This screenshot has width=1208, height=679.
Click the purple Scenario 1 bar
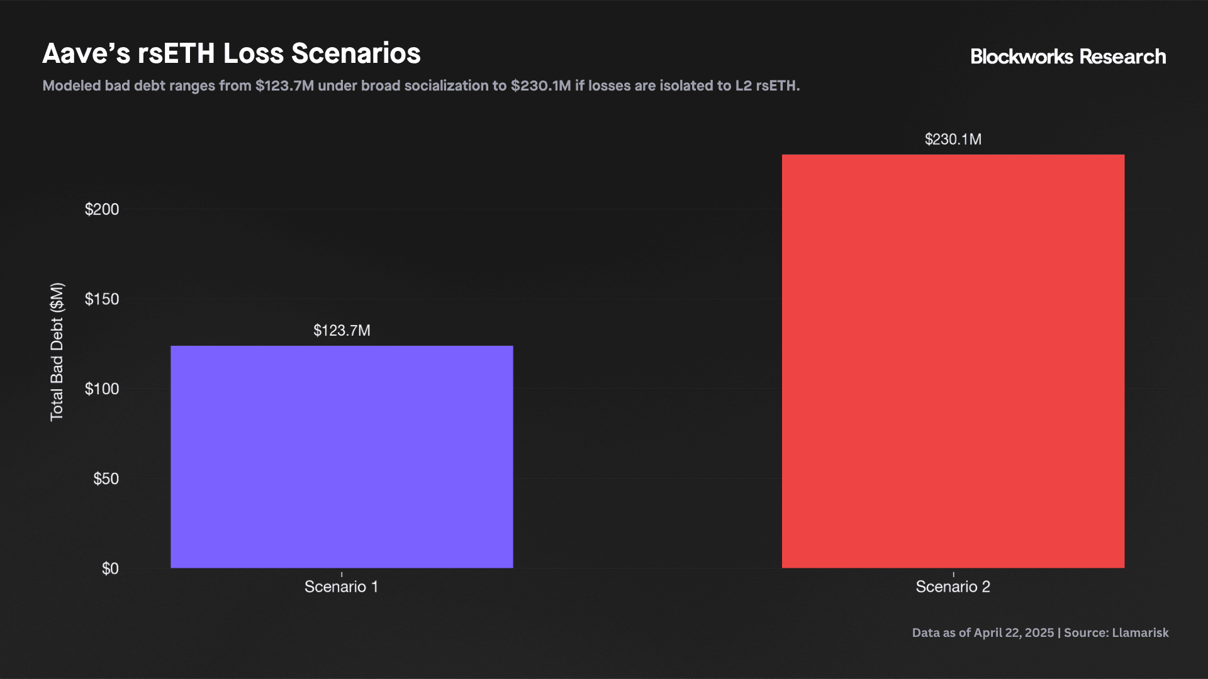point(342,456)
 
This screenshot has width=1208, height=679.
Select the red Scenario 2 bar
point(953,361)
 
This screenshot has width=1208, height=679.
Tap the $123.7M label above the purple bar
point(342,331)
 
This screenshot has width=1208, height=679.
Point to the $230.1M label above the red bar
point(953,140)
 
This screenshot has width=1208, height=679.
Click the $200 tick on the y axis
point(102,209)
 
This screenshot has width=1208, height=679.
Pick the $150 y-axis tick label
point(102,299)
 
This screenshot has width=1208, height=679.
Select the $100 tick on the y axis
point(102,389)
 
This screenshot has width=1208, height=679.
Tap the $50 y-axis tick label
point(106,479)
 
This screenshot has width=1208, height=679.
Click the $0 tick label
point(110,569)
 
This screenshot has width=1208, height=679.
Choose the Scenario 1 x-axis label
point(341,587)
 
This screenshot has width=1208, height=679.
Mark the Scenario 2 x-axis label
point(953,587)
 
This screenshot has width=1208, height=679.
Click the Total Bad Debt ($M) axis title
point(57,352)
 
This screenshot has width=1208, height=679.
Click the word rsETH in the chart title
point(176,54)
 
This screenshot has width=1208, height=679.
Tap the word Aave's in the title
point(86,54)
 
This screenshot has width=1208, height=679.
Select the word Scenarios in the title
point(355,54)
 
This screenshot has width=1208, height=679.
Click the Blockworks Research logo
point(1068,57)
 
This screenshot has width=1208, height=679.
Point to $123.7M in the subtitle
point(284,86)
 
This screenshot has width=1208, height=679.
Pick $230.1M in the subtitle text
point(540,86)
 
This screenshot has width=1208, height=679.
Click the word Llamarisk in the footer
point(1140,633)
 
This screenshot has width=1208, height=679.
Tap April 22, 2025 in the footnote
point(1014,633)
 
